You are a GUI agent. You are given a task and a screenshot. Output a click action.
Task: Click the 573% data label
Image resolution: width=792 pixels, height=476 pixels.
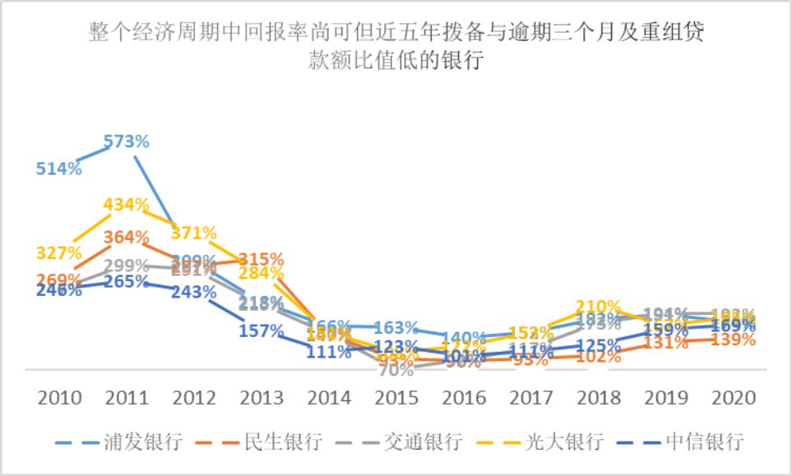coord(126,141)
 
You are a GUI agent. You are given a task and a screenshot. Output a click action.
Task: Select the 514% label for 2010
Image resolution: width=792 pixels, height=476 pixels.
coord(58,169)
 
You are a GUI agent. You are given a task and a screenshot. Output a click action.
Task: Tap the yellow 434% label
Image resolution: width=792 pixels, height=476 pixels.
coord(126,203)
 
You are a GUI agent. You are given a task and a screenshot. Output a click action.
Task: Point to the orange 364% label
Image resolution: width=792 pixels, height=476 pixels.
coord(126,238)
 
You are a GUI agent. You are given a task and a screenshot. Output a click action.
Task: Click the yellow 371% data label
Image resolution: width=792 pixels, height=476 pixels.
coord(193,233)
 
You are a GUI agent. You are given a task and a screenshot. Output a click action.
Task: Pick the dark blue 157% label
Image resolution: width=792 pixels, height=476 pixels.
coord(261,330)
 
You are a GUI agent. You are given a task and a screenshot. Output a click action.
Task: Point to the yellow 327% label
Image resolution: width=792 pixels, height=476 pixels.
coord(58,252)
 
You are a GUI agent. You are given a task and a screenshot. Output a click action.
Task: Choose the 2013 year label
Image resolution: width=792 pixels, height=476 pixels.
coord(261,399)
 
